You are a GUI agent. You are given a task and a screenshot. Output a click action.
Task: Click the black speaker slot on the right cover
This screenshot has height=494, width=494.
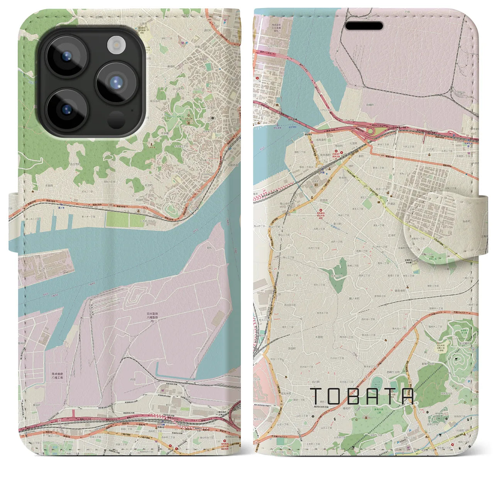[x=364, y=26]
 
